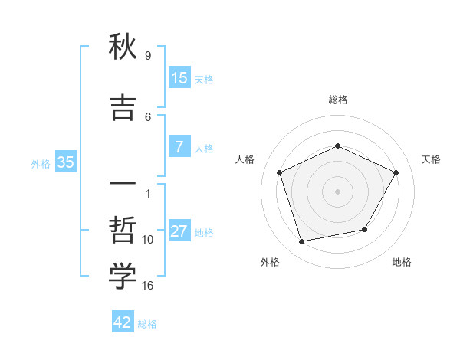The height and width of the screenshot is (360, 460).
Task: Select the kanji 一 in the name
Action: point(123,184)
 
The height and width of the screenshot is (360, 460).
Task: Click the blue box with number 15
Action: point(179,78)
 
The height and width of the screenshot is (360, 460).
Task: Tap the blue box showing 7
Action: point(179,147)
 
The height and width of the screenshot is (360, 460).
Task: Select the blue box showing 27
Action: point(179,231)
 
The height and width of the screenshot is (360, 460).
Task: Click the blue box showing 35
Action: point(65,162)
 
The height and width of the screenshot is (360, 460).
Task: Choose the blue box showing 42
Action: point(123,322)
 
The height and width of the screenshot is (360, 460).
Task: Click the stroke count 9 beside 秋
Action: point(147,56)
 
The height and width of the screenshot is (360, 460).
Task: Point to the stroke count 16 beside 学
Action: point(148,286)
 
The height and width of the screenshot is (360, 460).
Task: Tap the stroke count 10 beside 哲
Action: point(148,240)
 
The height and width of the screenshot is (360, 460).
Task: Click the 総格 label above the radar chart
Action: point(337,100)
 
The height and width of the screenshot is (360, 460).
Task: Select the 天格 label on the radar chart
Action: point(431,159)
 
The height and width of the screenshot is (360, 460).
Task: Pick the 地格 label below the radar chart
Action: point(402,262)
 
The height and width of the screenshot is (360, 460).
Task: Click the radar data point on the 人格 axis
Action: point(280,172)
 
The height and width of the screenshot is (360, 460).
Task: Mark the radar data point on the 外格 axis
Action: point(302,242)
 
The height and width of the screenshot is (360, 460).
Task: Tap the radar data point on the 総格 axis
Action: point(337,146)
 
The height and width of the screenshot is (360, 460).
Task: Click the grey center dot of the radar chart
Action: point(337,191)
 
